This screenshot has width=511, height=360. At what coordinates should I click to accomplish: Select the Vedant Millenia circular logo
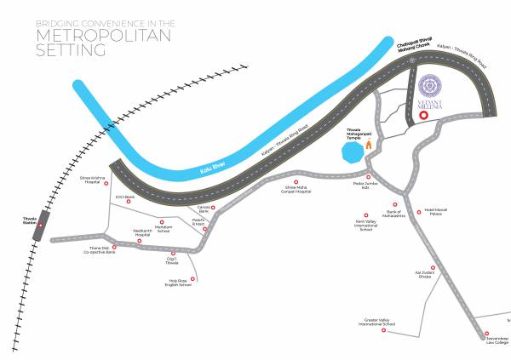pos(431,88)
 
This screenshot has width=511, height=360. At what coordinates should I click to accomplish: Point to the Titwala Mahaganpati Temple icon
pos(370,146)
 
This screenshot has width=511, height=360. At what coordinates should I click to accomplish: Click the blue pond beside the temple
pos(351,154)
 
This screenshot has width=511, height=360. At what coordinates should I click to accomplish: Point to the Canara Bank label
pos(202,209)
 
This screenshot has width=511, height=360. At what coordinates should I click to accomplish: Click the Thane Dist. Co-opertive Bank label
pos(100,250)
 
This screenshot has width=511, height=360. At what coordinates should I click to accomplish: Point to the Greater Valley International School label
pos(376,323)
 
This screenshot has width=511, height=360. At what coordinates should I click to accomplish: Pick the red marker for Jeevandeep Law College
pos(486,333)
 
